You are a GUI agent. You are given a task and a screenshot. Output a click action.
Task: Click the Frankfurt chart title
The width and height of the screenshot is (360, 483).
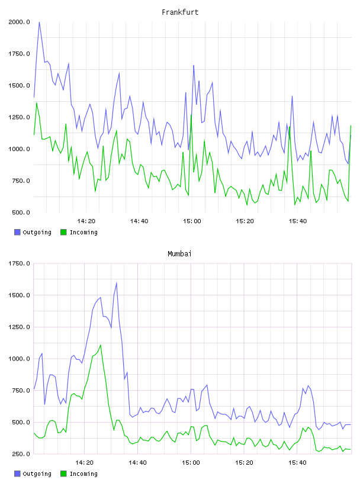coord(180,12)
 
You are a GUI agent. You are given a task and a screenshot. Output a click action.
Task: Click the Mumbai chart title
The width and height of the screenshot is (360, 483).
coord(179,254)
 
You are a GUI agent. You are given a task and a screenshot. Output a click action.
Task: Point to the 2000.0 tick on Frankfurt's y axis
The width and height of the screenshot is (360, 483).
coord(19,22)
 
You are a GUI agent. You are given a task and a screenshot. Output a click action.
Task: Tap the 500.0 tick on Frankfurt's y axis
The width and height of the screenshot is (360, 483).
coord(21,212)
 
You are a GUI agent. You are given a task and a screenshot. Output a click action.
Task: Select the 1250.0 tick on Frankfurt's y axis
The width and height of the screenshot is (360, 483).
coord(19,117)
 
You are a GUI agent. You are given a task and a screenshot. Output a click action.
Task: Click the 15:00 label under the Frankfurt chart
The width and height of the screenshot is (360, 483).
coord(192,221)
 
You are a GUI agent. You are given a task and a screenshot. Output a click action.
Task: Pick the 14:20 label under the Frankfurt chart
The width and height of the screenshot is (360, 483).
coord(86,221)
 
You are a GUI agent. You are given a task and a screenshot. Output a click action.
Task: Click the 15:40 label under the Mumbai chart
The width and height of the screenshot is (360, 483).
coord(297,463)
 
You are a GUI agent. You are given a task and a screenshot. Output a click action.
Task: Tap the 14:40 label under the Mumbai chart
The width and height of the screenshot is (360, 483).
coord(137,463)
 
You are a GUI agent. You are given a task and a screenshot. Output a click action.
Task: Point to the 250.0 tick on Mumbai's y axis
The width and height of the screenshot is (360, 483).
coord(21,454)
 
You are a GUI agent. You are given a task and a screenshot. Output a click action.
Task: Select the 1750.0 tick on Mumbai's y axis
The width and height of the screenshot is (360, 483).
coord(19,263)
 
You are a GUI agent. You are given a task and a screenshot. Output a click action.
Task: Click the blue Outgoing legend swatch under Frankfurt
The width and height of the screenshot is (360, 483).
coord(17,232)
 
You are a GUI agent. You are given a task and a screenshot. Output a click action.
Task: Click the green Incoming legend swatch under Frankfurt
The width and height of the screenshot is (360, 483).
coord(63,232)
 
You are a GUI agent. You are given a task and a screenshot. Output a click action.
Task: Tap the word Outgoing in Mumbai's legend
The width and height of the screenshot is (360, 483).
coord(37,474)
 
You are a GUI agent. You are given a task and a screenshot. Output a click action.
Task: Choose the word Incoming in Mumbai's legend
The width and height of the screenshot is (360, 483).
coord(83,474)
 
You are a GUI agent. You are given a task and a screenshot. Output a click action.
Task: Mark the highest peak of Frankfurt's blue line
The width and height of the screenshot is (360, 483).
coord(39,22)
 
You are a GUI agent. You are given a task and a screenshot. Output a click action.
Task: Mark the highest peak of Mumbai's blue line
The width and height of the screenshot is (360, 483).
coord(117,282)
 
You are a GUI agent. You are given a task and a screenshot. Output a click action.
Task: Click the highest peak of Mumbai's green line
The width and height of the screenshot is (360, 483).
coord(101,345)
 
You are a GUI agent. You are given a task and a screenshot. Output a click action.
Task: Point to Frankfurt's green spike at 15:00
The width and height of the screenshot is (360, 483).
coord(191,115)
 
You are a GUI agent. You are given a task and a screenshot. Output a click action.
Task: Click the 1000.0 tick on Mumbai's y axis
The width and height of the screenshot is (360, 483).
coord(19,359)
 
